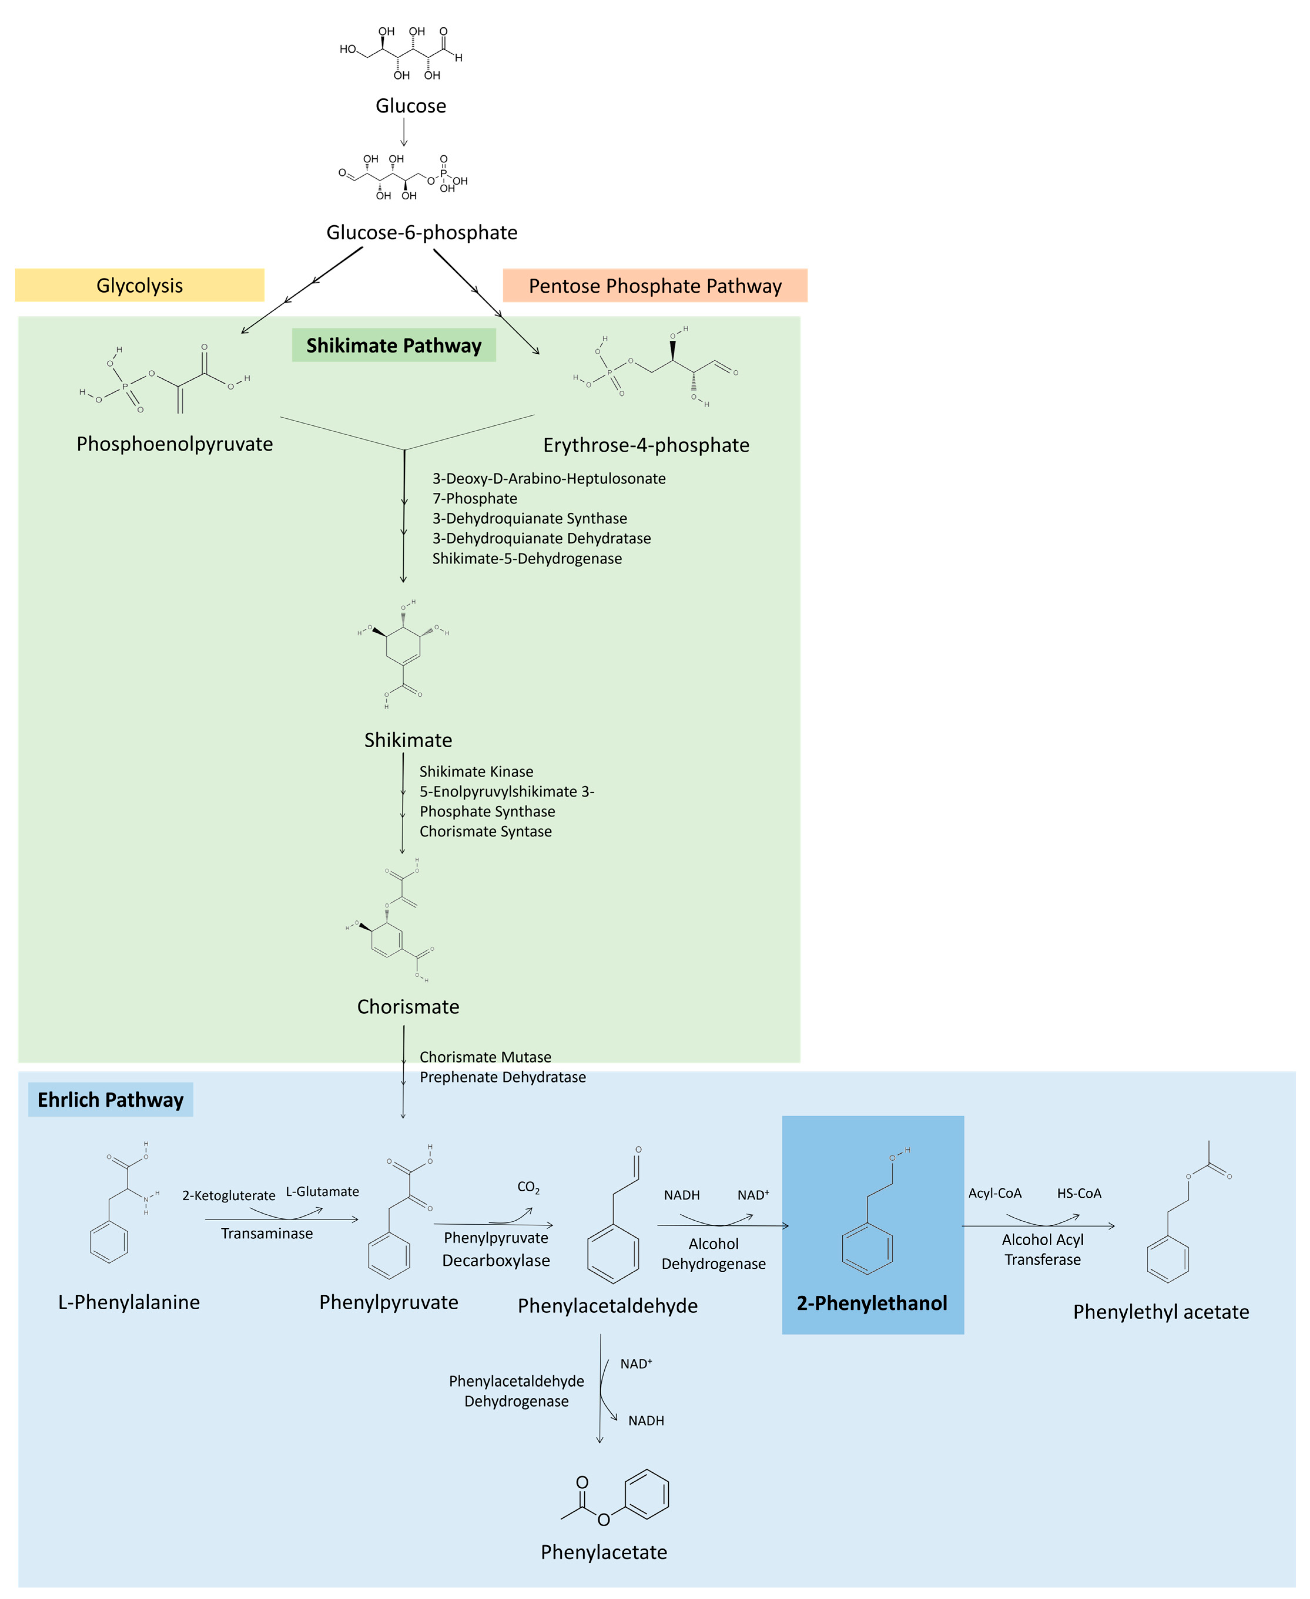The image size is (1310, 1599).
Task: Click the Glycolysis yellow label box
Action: [x=140, y=285]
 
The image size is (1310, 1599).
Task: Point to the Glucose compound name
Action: [x=410, y=106]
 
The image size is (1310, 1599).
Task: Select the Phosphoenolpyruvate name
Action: [x=174, y=444]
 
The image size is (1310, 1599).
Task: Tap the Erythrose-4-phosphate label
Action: [x=646, y=445]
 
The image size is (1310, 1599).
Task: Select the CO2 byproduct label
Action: [x=528, y=1187]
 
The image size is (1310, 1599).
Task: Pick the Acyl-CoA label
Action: [x=994, y=1193]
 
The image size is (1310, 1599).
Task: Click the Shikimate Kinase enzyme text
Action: [x=476, y=771]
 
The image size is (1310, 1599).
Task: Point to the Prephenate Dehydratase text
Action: [x=503, y=1077]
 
